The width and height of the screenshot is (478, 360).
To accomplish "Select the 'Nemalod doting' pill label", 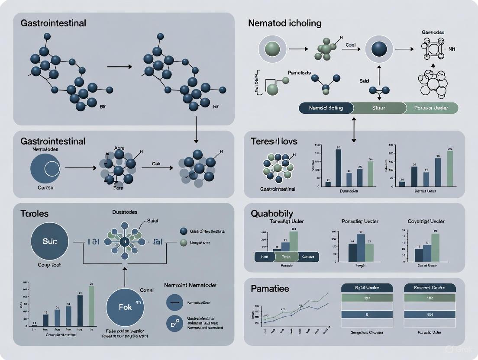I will (326, 108).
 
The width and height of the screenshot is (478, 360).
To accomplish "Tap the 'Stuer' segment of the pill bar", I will (378, 108).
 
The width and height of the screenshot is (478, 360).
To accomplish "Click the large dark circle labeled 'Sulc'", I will (50, 241).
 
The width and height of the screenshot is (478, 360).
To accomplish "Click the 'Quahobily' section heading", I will (272, 213).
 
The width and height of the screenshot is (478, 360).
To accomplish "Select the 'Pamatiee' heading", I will (270, 288).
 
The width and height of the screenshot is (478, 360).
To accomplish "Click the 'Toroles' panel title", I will (34, 213).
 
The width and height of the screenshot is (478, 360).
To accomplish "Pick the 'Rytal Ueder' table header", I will (367, 288).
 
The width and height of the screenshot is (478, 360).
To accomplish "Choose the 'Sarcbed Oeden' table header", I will (429, 288).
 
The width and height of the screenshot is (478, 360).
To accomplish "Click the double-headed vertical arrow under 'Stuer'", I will (354, 130).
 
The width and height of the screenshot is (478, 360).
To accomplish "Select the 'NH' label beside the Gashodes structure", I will (452, 49).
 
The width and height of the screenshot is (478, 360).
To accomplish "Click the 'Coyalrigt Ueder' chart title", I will (426, 222).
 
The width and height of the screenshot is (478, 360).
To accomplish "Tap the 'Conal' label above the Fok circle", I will (147, 290).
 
